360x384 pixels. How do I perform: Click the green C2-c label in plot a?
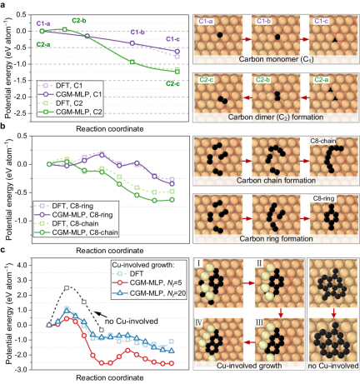pyautogui.click(x=173, y=83)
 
